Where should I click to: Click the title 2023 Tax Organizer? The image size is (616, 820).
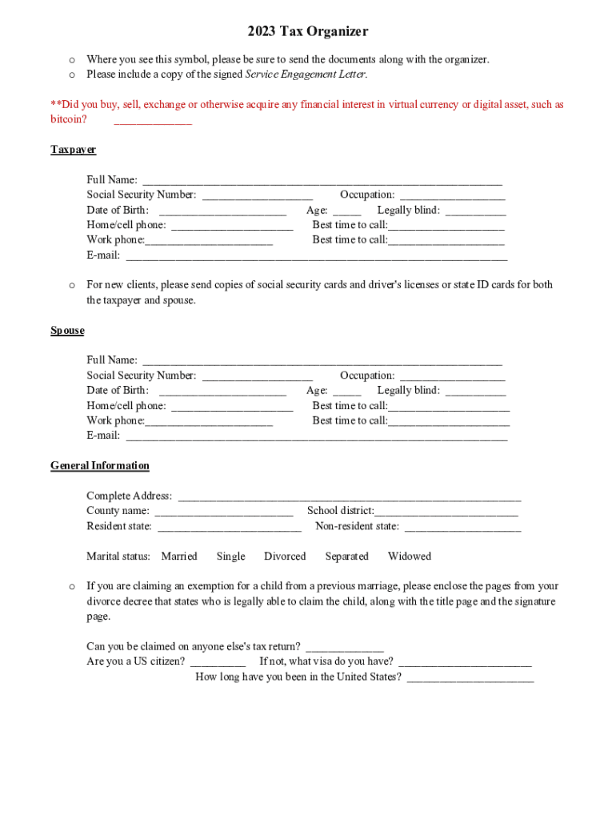point(307,31)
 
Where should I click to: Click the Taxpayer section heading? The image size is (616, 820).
point(73,150)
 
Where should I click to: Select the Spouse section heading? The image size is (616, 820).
point(67,331)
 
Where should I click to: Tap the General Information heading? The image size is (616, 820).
point(99,465)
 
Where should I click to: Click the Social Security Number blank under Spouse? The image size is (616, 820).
point(257,376)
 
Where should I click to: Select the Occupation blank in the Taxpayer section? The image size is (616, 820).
point(452,195)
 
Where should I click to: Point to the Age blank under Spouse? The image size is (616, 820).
point(347,392)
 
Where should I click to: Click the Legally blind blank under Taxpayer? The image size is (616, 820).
point(475,211)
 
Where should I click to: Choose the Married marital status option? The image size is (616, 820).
point(179,556)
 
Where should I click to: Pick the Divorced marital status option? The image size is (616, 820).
point(285,556)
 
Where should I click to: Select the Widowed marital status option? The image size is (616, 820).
point(409,556)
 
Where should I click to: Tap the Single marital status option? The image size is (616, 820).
point(230,556)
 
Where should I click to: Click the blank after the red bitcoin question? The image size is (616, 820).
point(153,121)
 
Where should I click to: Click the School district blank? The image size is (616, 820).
point(446,512)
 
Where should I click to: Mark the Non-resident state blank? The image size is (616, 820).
point(462,527)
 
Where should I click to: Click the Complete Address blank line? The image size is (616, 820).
point(349,497)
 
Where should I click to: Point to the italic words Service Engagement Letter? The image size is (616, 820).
point(305,74)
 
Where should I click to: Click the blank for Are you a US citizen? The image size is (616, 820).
point(218,663)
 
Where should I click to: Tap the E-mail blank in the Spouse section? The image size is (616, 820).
point(316,436)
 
